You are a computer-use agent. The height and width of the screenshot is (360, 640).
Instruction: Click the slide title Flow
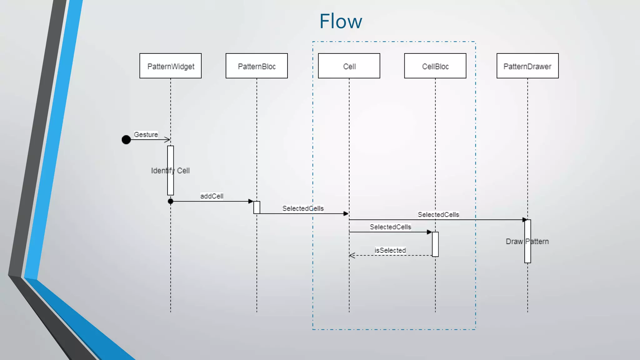tap(341, 22)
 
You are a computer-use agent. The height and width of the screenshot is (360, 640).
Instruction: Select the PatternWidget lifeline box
tap(170, 66)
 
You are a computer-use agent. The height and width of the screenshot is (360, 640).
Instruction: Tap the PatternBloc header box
tap(257, 66)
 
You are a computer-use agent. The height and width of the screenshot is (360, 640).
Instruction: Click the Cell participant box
tap(349, 66)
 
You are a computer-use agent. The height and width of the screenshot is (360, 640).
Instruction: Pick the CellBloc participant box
tap(435, 66)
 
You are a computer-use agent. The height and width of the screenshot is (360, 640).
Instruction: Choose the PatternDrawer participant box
tap(527, 66)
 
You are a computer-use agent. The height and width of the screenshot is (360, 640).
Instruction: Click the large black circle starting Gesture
tap(126, 140)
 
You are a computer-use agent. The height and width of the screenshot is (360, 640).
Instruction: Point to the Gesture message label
tap(146, 134)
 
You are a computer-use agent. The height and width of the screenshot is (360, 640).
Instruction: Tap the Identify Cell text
tap(170, 171)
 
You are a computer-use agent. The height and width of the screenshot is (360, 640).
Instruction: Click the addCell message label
tap(212, 196)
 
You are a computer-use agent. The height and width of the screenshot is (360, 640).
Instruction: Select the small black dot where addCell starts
tap(170, 201)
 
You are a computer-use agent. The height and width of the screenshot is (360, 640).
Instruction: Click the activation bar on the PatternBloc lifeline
tap(257, 207)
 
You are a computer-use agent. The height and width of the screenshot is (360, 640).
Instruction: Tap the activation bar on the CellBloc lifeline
tap(435, 244)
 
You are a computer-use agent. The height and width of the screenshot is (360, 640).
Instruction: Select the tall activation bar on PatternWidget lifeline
tap(170, 156)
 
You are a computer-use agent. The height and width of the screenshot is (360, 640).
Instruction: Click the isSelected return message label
tap(390, 250)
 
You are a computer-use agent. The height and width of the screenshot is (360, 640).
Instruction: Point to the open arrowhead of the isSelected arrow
tap(351, 256)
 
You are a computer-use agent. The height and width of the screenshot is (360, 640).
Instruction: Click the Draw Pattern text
tap(527, 242)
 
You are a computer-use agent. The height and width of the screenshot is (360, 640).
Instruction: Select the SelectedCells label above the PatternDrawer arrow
tap(438, 215)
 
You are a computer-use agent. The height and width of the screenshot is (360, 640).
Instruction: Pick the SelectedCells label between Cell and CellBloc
tap(390, 227)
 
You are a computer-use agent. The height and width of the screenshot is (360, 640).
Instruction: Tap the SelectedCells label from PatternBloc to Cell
tap(303, 208)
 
